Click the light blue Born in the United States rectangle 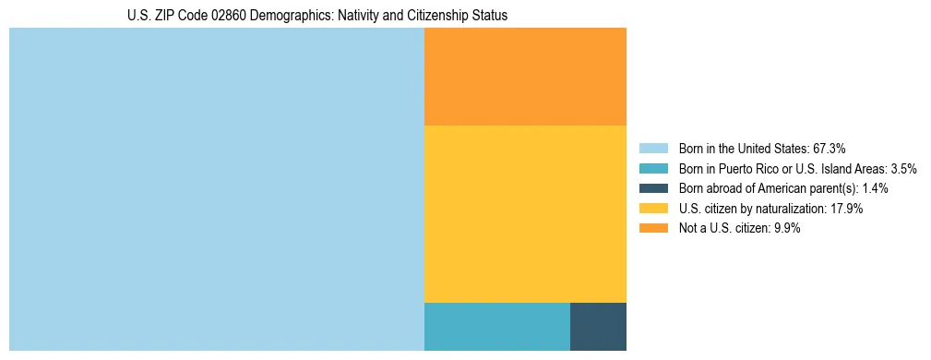pyautogui.click(x=216, y=189)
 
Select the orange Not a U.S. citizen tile pyautogui.click(x=525, y=77)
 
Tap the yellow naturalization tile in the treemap pyautogui.click(x=525, y=213)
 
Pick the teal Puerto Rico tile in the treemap pyautogui.click(x=496, y=326)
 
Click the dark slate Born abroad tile pyautogui.click(x=598, y=326)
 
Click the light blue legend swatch pyautogui.click(x=653, y=149)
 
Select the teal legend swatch pyautogui.click(x=653, y=169)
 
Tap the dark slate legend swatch pyautogui.click(x=653, y=188)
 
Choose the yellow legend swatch pyautogui.click(x=653, y=209)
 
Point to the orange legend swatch pyautogui.click(x=653, y=229)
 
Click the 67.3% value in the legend pyautogui.click(x=829, y=149)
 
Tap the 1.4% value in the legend pyautogui.click(x=875, y=188)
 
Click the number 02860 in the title pyautogui.click(x=227, y=16)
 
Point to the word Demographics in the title pyautogui.click(x=291, y=16)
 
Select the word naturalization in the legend pyautogui.click(x=782, y=209)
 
